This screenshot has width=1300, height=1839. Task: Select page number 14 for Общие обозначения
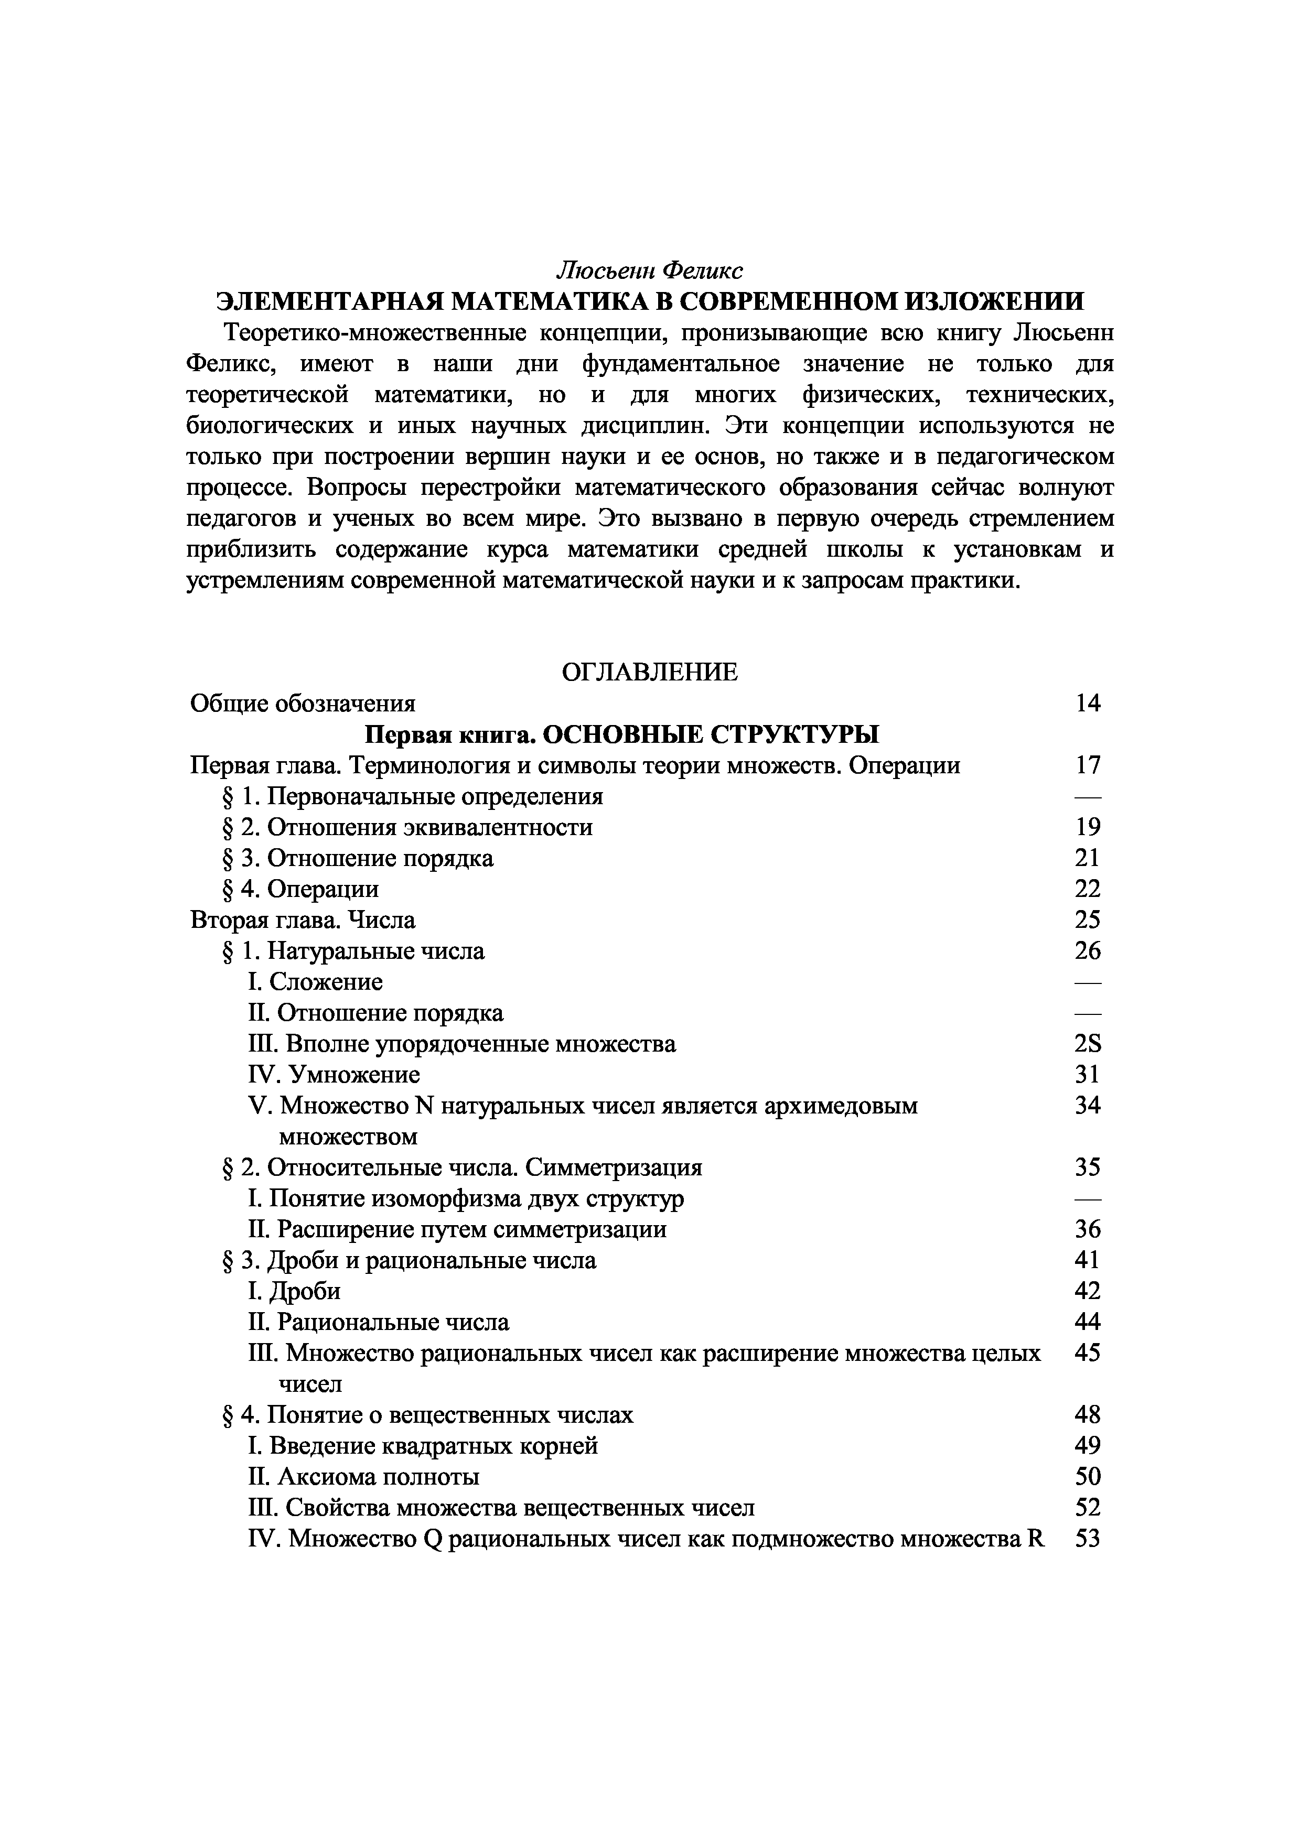click(x=1088, y=703)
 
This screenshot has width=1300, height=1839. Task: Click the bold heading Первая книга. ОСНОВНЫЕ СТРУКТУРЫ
click(x=621, y=734)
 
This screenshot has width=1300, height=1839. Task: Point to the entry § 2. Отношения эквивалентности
click(x=407, y=827)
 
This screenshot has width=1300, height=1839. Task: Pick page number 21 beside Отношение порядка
click(x=1088, y=858)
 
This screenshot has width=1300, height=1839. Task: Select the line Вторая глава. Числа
click(x=303, y=920)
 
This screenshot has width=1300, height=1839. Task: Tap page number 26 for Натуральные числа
click(x=1088, y=951)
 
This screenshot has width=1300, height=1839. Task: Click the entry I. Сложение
click(x=316, y=982)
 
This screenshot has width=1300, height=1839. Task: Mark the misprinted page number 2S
click(x=1088, y=1044)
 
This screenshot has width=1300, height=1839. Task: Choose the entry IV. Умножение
click(x=334, y=1074)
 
